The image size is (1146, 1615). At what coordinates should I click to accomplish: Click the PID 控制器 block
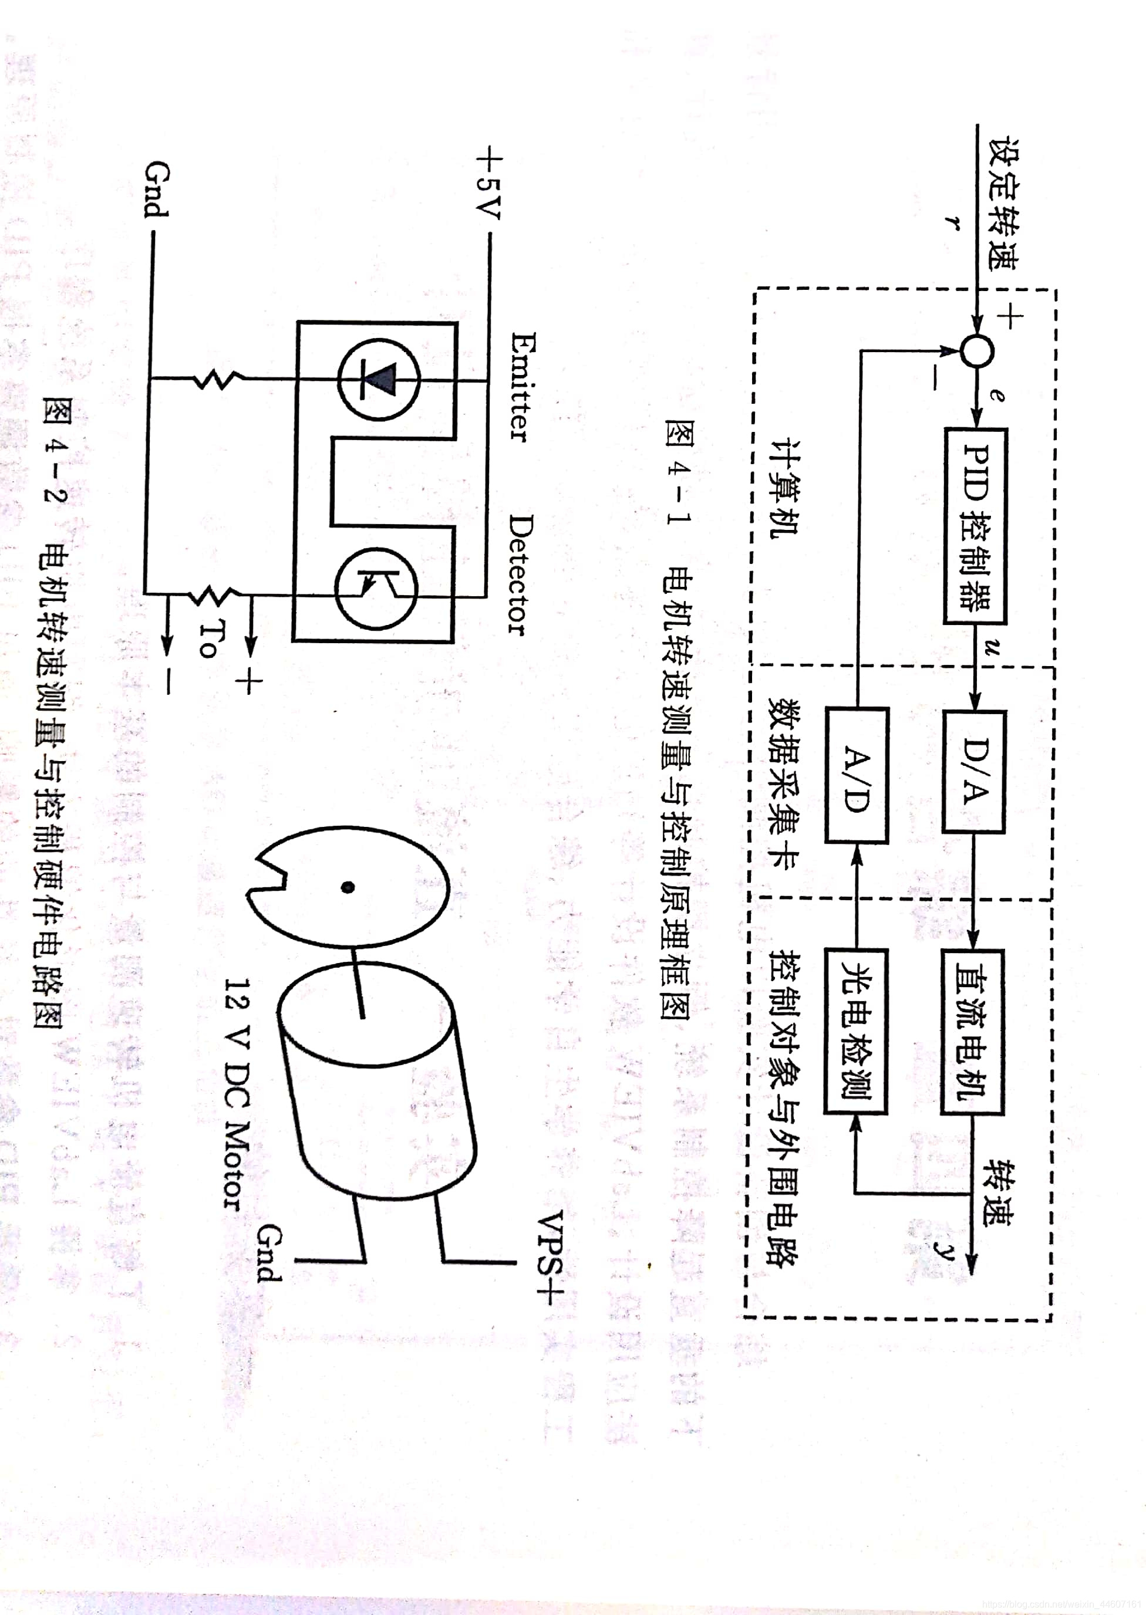pyautogui.click(x=975, y=525)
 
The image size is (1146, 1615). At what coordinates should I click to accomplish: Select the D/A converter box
pyautogui.click(x=974, y=772)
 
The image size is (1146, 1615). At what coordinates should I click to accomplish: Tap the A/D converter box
pyautogui.click(x=857, y=775)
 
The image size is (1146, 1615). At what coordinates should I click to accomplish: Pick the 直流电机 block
pyautogui.click(x=972, y=1032)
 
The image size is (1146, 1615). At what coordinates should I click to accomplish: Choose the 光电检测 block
pyautogui.click(x=856, y=1031)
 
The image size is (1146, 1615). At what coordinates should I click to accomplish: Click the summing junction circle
pyautogui.click(x=978, y=350)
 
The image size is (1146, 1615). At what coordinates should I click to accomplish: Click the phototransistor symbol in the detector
pyautogui.click(x=376, y=588)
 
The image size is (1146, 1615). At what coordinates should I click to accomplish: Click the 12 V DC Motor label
pyautogui.click(x=237, y=1093)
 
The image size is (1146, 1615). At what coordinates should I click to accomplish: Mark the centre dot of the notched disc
pyautogui.click(x=347, y=887)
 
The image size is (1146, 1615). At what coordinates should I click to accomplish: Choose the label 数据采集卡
pyautogui.click(x=783, y=783)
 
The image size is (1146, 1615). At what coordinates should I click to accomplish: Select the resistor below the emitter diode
pyautogui.click(x=219, y=380)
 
